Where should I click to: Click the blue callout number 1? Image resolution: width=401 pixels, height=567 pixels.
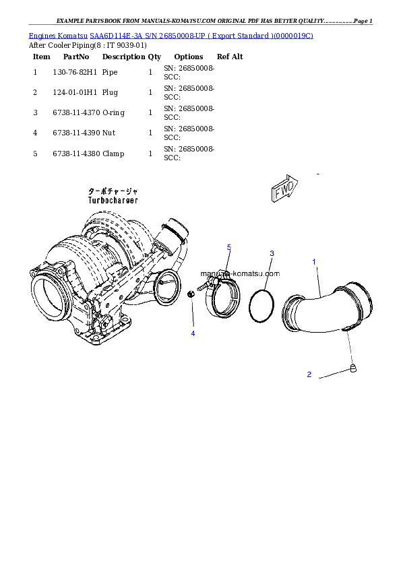313,261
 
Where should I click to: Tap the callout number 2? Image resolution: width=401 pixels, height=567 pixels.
309,374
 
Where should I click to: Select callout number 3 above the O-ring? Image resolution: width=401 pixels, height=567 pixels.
272,253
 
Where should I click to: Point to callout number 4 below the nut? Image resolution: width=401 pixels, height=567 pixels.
193,333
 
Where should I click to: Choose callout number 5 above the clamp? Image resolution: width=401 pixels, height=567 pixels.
229,248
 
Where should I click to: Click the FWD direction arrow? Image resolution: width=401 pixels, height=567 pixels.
283,191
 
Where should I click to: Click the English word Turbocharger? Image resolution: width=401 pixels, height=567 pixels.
113,201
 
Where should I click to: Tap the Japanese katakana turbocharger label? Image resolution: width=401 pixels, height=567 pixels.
113,192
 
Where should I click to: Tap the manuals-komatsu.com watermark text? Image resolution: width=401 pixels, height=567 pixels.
239,273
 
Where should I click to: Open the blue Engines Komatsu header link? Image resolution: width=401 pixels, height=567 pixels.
171,34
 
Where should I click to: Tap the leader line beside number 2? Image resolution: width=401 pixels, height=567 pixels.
332,376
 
